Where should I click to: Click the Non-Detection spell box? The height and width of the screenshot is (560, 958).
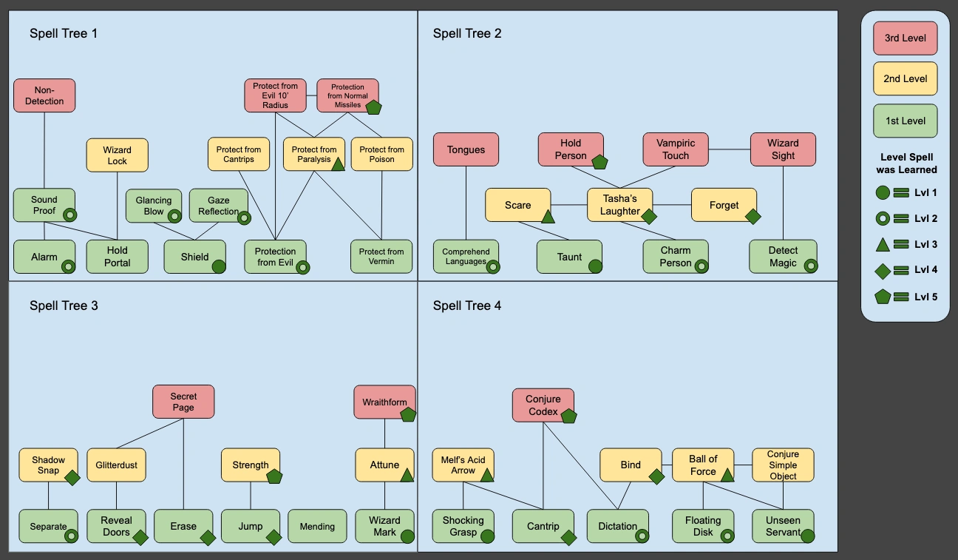(44, 95)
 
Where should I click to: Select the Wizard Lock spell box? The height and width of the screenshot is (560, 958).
(118, 155)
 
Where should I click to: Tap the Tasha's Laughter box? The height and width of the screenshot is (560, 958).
(620, 205)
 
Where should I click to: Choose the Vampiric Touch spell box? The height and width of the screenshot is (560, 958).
(676, 149)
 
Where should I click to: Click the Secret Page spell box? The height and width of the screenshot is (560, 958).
(183, 402)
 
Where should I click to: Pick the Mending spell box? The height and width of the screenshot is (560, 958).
(317, 526)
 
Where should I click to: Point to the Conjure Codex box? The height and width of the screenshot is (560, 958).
(543, 405)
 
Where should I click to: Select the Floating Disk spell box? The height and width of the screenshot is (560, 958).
(703, 526)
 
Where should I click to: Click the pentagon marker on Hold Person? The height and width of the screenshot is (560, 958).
(599, 161)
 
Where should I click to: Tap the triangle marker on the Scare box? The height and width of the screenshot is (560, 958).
(548, 217)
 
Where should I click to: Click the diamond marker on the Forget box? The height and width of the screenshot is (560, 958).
(753, 217)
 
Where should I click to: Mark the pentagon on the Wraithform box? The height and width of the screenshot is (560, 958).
(408, 414)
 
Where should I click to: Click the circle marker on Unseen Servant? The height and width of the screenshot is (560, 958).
(807, 536)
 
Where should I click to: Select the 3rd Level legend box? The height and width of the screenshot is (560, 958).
(906, 38)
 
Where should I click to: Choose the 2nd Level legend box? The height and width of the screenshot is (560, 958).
(906, 78)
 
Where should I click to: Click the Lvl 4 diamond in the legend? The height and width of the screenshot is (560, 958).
(882, 271)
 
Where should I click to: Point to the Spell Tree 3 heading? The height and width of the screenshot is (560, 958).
(64, 306)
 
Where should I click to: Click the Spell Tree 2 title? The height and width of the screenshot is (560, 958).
(467, 33)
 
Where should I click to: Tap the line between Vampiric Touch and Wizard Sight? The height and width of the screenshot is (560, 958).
(729, 149)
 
